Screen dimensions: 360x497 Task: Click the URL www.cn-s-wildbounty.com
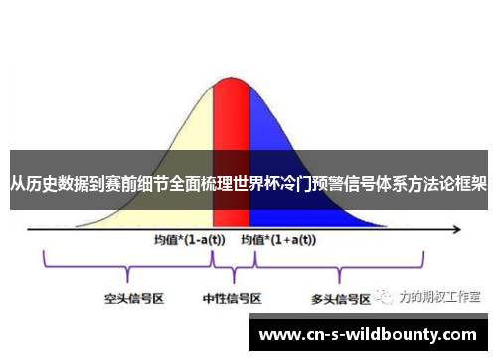coord(367,334)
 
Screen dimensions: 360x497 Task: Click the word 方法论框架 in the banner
coord(443,184)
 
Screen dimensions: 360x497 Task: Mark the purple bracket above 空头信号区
coord(128,265)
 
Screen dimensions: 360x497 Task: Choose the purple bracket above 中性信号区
coord(234,265)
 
